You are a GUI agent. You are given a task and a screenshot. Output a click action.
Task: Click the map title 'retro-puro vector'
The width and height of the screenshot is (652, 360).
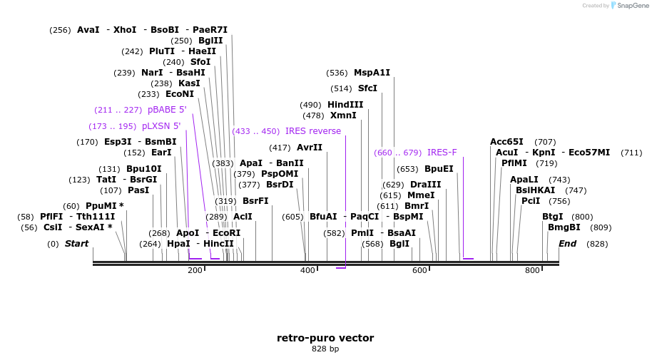click(325, 338)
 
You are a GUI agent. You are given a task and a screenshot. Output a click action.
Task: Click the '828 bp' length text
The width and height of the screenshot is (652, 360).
click(325, 349)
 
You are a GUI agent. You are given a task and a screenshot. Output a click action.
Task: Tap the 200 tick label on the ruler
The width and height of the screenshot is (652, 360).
click(195, 270)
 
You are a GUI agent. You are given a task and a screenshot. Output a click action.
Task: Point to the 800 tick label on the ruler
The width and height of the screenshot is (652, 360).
click(532, 270)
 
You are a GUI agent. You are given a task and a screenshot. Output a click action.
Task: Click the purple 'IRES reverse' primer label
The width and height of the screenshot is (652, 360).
click(312, 131)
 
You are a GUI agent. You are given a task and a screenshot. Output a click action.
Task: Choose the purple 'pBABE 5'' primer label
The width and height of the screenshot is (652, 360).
click(167, 110)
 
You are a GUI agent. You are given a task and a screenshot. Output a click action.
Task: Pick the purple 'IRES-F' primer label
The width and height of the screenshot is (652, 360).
click(442, 153)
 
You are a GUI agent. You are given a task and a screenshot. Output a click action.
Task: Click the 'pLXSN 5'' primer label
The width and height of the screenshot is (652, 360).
click(161, 126)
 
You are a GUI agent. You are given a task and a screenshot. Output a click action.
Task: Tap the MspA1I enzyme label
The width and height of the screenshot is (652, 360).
click(372, 73)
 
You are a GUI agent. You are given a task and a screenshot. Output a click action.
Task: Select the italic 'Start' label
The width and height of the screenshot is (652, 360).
click(76, 244)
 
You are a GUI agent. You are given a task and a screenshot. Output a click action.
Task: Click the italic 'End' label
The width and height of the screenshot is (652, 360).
click(567, 244)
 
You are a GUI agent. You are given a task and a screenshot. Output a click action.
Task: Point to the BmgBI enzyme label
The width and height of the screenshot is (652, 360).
click(564, 227)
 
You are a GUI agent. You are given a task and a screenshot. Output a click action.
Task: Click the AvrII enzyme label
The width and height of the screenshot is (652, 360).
click(310, 148)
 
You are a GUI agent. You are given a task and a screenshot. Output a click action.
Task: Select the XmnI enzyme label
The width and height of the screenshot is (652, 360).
click(343, 115)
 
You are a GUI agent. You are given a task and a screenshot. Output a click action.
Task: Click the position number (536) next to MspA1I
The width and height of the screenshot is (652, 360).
click(337, 73)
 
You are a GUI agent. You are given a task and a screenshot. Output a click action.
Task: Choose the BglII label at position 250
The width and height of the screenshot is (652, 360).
click(210, 41)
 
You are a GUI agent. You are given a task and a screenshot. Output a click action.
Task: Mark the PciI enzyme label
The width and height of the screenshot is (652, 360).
click(531, 201)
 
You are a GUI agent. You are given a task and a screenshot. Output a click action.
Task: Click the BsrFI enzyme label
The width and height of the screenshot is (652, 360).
click(255, 201)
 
